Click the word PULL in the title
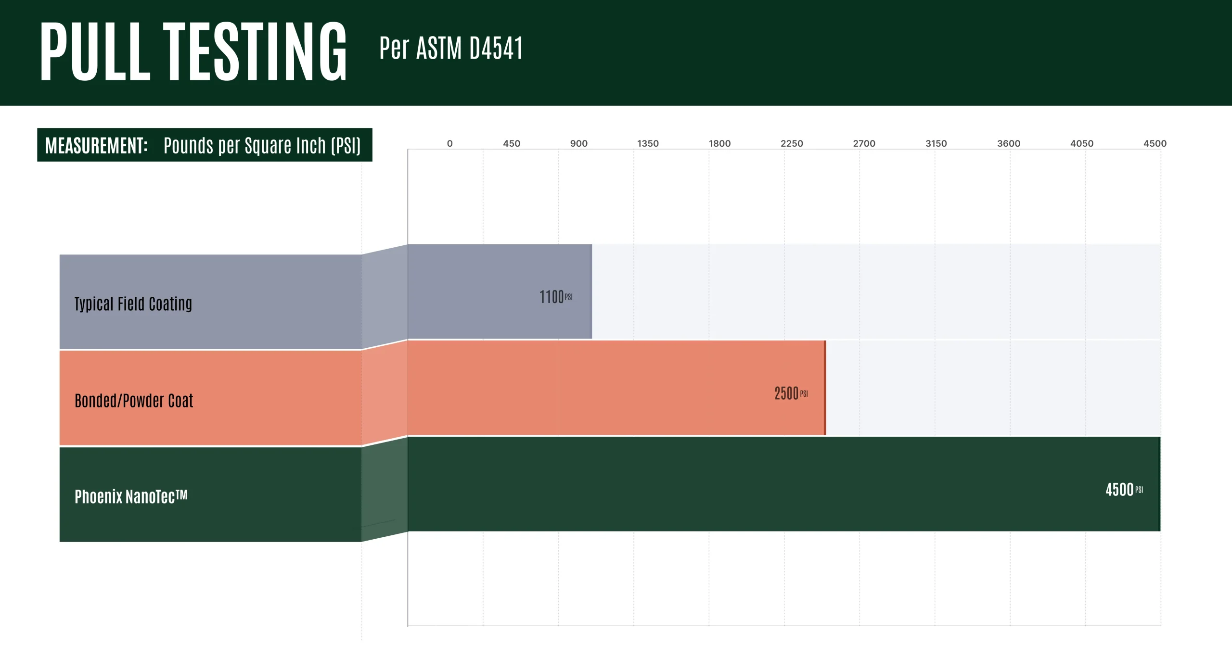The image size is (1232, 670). click(x=95, y=51)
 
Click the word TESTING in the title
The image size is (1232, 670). click(x=255, y=51)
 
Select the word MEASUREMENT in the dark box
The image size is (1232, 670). click(x=96, y=145)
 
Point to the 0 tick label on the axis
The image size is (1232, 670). click(x=449, y=143)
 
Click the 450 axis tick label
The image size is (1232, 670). click(x=512, y=143)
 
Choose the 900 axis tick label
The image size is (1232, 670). click(x=578, y=143)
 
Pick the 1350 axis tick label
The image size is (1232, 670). click(x=648, y=143)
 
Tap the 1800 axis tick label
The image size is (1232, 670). click(x=719, y=143)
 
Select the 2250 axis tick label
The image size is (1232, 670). click(x=792, y=143)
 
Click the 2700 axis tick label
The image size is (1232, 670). click(x=864, y=143)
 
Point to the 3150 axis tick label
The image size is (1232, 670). click(x=936, y=143)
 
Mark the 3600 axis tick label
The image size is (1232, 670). click(x=1009, y=143)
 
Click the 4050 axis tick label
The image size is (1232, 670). click(x=1081, y=143)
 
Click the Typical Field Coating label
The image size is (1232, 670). click(x=133, y=304)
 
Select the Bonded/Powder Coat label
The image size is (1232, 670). click(x=134, y=401)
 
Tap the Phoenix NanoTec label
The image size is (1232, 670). click(x=131, y=496)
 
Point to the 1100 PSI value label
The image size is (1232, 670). click(x=555, y=297)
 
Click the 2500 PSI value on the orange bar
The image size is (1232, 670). click(x=791, y=393)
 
